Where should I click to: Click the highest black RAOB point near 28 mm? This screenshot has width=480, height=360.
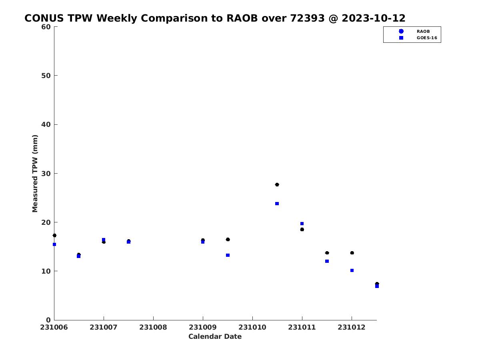click(277, 185)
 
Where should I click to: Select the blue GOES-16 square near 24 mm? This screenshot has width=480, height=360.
click(277, 204)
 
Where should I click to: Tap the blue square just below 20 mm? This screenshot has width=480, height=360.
click(302, 224)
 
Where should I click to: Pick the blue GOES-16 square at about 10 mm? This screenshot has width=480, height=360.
click(352, 271)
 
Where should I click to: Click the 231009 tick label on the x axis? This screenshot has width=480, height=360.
click(203, 328)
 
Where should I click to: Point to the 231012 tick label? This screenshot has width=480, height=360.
click(352, 328)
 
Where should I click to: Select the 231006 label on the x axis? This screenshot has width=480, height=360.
click(54, 328)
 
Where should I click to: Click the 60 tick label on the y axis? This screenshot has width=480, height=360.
click(46, 27)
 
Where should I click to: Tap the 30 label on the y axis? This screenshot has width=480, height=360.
click(46, 174)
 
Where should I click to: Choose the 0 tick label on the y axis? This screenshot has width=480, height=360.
click(48, 320)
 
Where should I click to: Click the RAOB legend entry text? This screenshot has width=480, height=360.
click(423, 32)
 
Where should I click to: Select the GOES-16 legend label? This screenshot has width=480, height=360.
click(427, 38)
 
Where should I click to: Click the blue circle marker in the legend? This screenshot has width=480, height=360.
click(401, 31)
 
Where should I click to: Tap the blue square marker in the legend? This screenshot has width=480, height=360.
click(401, 38)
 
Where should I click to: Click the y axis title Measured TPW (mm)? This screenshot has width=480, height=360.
click(35, 173)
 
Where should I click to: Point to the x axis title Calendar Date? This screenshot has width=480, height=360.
click(215, 336)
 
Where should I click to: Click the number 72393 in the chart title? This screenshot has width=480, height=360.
click(307, 18)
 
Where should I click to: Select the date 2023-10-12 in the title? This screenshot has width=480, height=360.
click(374, 18)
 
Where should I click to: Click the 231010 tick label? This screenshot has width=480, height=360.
click(252, 328)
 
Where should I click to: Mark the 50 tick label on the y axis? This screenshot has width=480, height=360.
click(46, 76)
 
